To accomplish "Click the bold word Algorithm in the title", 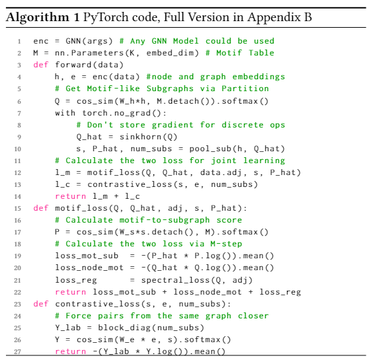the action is coord(38,18).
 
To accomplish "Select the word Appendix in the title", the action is coord(274,18).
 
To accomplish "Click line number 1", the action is coord(19,42).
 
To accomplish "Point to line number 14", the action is coord(18,197).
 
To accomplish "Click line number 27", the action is coord(18,352).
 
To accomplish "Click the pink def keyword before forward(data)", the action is coord(41,65).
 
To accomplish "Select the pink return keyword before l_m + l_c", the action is coord(71,196).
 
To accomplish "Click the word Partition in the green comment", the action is coord(245,89).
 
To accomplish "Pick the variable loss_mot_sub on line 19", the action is coord(87,256).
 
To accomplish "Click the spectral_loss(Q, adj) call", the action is coord(197,280).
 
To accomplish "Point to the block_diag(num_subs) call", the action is coord(151,328).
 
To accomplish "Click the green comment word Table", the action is coord(261,53).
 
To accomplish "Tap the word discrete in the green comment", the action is coord(242,125).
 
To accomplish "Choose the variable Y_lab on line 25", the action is coord(68,328).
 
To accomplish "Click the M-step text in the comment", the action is coord(226,244).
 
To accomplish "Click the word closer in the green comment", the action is coord(253,316).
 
